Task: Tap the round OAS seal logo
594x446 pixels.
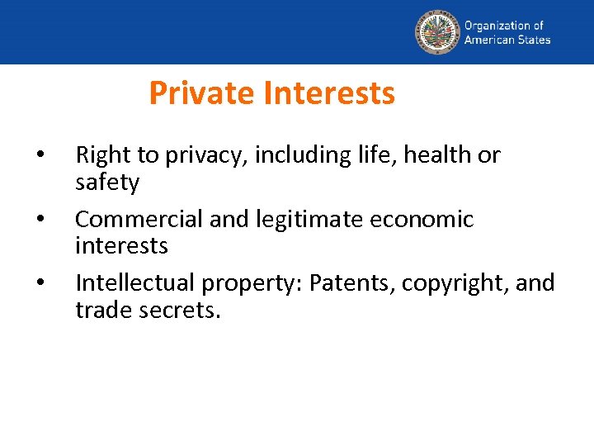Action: (436, 31)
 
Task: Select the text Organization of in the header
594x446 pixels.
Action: (504, 26)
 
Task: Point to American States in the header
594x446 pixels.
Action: (507, 39)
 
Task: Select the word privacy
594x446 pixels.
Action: (200, 155)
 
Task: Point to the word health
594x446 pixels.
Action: (435, 155)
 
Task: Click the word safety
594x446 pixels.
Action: (107, 182)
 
